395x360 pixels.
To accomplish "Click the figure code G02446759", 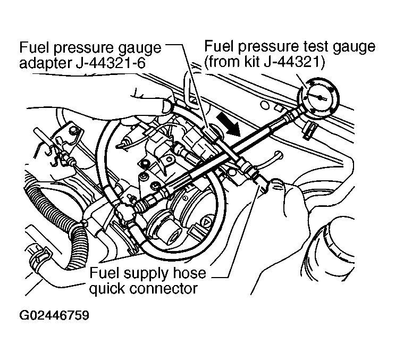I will pyautogui.click(x=54, y=315).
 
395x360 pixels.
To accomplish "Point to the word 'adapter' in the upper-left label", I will pyautogui.click(x=42, y=63).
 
